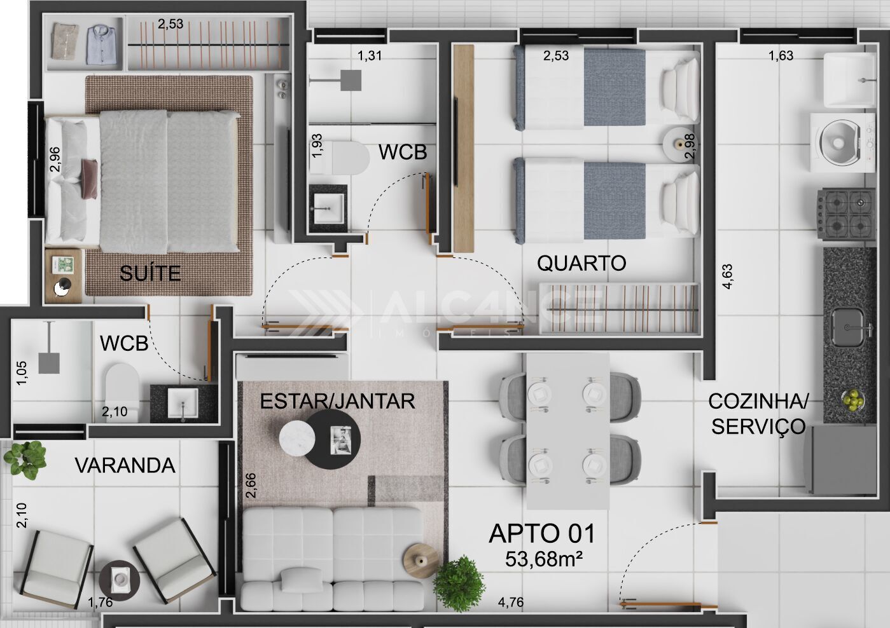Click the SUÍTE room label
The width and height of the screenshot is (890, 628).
[150, 273]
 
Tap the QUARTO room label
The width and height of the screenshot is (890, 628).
[581, 263]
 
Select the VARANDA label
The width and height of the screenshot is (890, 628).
[125, 465]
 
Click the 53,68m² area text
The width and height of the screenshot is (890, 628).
[544, 559]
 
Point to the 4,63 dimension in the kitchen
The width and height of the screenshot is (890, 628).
[728, 276]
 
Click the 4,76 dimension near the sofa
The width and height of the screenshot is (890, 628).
[511, 602]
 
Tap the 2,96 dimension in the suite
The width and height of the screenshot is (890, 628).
[55, 159]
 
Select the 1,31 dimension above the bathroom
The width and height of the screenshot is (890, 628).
[370, 55]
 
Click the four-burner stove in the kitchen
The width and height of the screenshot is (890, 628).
[846, 214]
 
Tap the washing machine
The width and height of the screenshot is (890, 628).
[842, 142]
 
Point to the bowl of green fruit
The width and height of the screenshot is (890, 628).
[852, 400]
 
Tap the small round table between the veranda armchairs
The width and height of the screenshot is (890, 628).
[119, 580]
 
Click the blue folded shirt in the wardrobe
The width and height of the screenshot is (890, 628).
[101, 44]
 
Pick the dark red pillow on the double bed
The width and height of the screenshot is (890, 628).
[90, 179]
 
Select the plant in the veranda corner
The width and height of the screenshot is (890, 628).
[25, 460]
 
